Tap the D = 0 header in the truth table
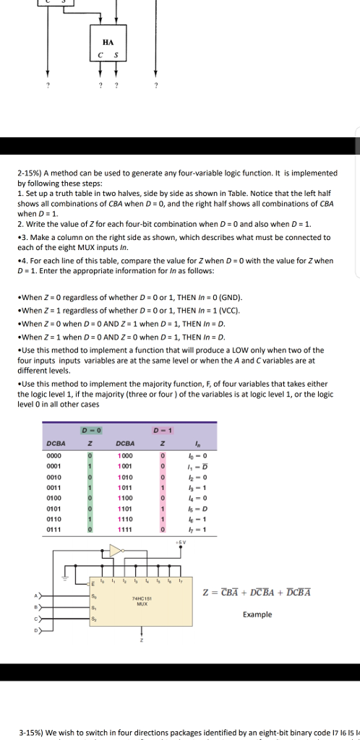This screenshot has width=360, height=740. (90, 431)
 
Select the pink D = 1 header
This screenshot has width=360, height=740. (163, 431)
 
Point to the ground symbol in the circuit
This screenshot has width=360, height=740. (64, 577)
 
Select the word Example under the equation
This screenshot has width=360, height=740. (257, 614)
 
